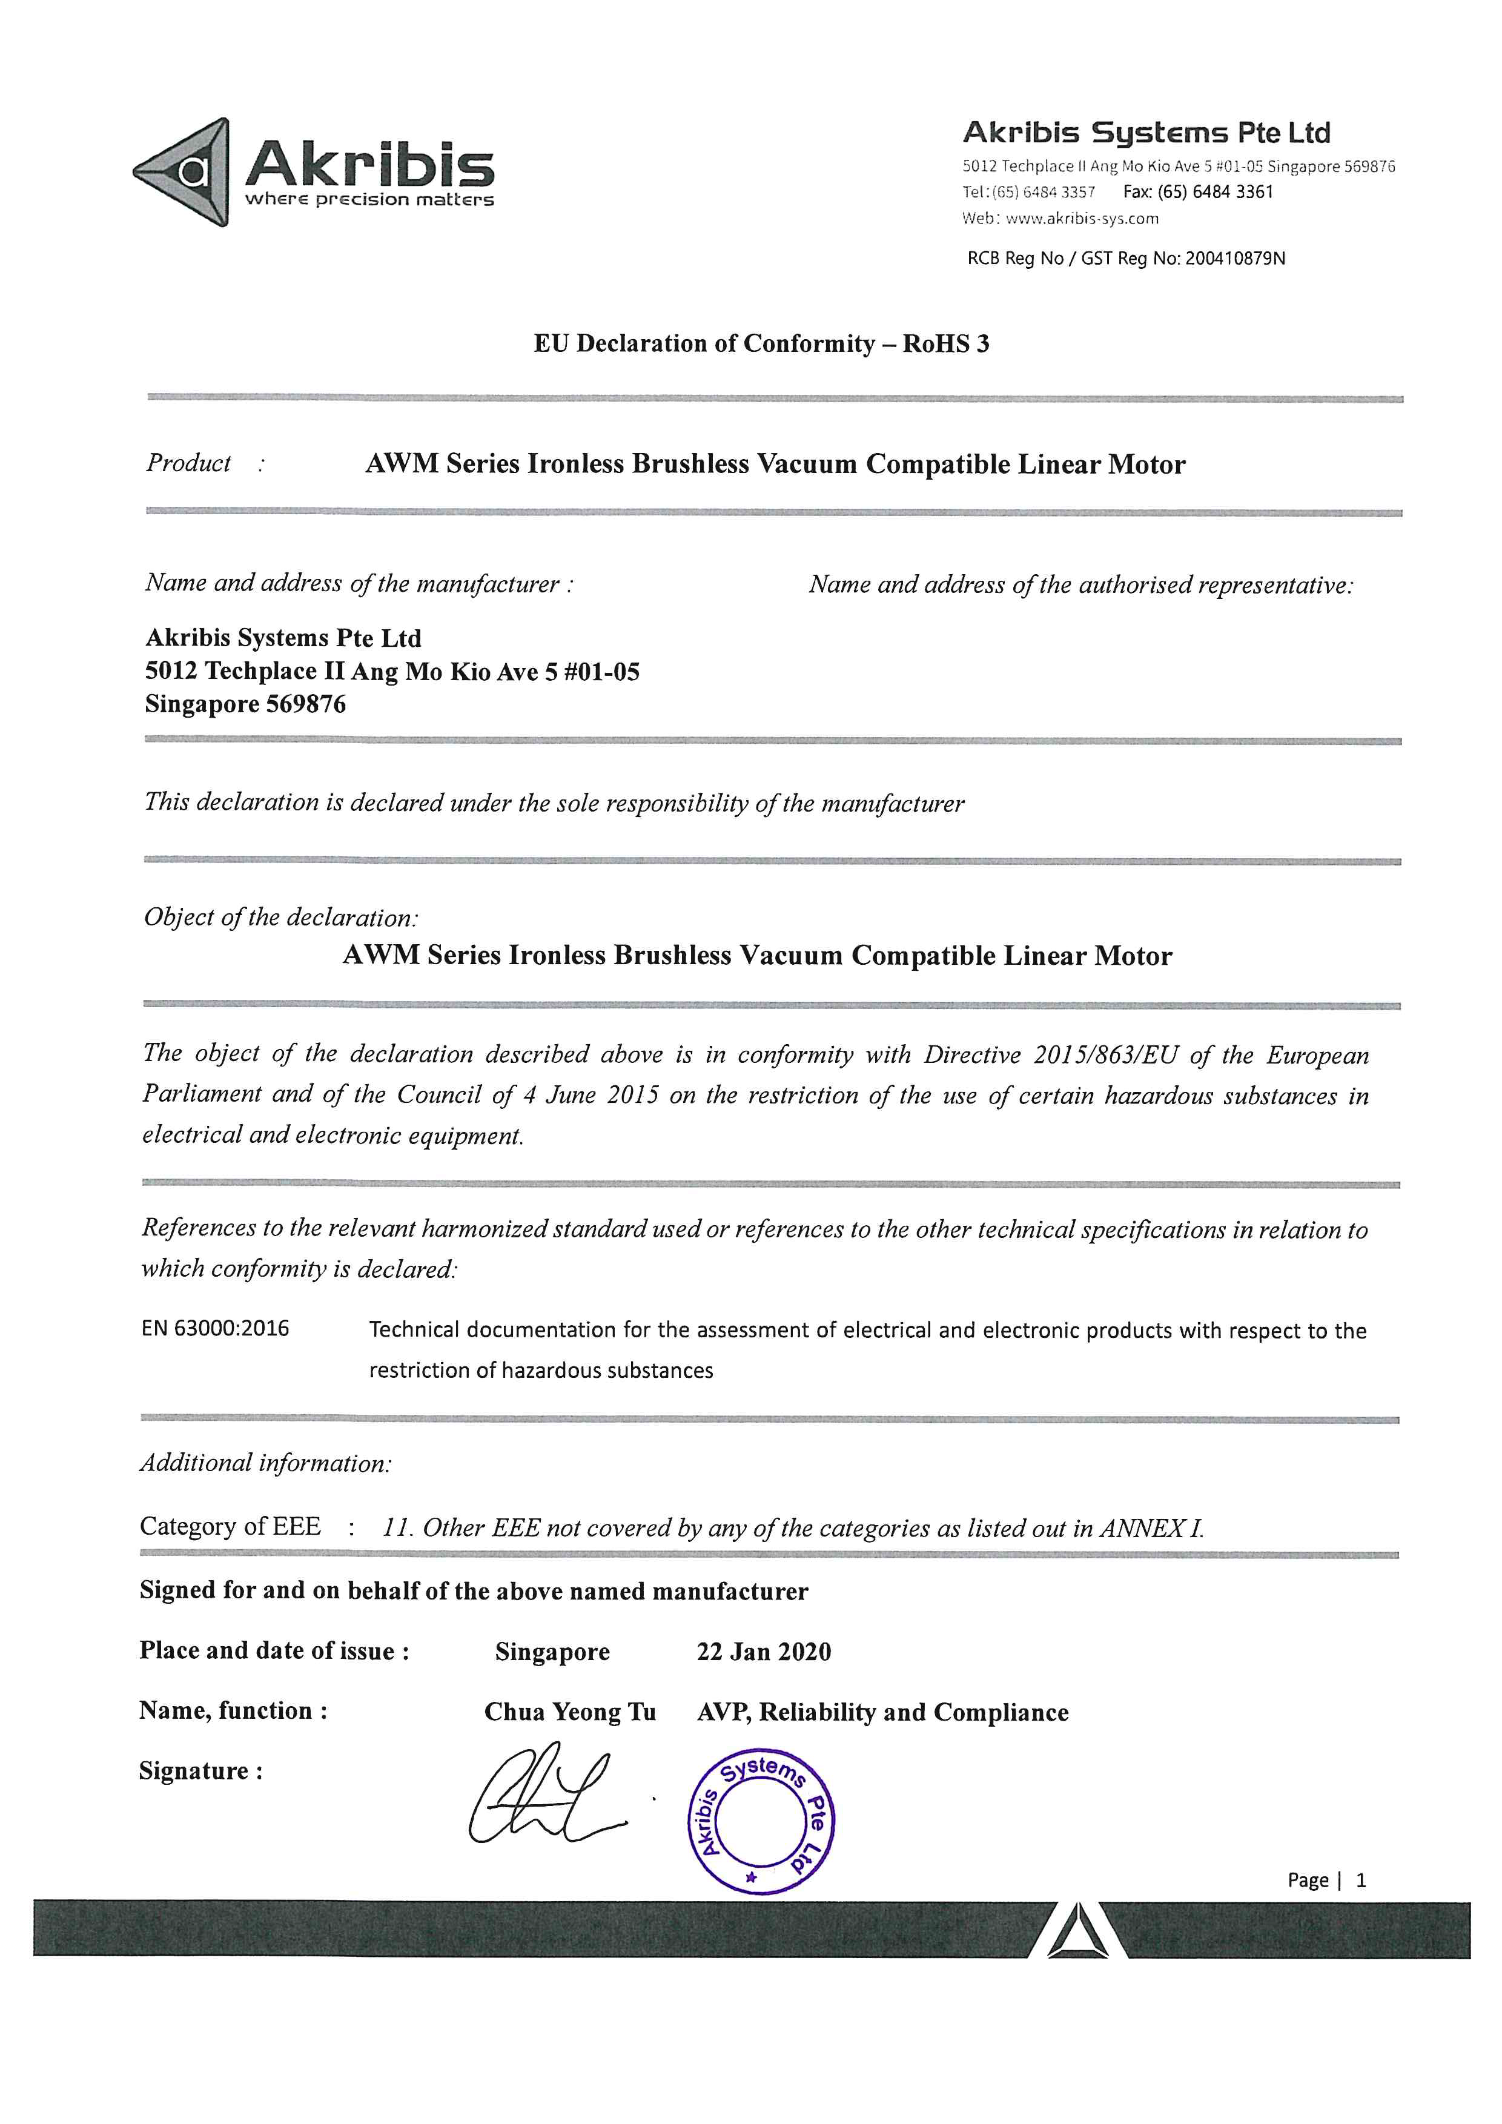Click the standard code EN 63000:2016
coord(216,1328)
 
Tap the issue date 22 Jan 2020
coord(763,1652)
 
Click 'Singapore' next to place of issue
coord(552,1652)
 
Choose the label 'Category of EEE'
coord(230,1526)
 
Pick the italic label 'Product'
coord(189,463)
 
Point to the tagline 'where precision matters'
coord(369,200)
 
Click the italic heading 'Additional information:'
coord(265,1463)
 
